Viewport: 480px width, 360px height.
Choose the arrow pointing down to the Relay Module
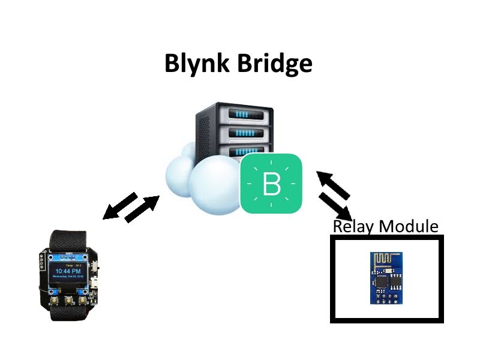point(335,208)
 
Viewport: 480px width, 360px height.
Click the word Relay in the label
point(354,227)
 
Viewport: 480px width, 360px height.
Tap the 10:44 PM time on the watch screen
point(67,271)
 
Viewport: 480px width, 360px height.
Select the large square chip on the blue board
point(382,281)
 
